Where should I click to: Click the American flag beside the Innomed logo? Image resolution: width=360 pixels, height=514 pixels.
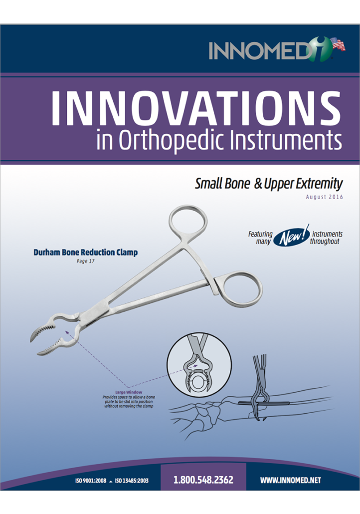tap(338, 44)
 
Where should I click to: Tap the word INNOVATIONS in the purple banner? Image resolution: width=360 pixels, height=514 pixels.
tap(196, 108)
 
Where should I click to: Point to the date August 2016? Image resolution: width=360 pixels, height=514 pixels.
tap(324, 197)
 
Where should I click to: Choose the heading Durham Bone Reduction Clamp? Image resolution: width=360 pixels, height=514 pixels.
tap(85, 253)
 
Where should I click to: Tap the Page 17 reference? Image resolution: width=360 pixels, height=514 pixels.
tap(85, 261)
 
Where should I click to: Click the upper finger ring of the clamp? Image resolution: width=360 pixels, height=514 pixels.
tap(188, 221)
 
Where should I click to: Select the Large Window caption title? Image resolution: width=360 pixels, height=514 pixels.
tap(129, 392)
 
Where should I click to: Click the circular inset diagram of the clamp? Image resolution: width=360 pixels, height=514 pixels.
tap(199, 364)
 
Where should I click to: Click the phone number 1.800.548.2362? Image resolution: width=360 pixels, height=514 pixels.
tap(203, 480)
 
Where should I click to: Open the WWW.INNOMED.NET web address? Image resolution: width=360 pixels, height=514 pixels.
tap(291, 480)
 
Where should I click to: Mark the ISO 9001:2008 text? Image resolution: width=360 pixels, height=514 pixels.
tap(91, 481)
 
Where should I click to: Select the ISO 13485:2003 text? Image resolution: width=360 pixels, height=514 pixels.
tap(132, 481)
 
